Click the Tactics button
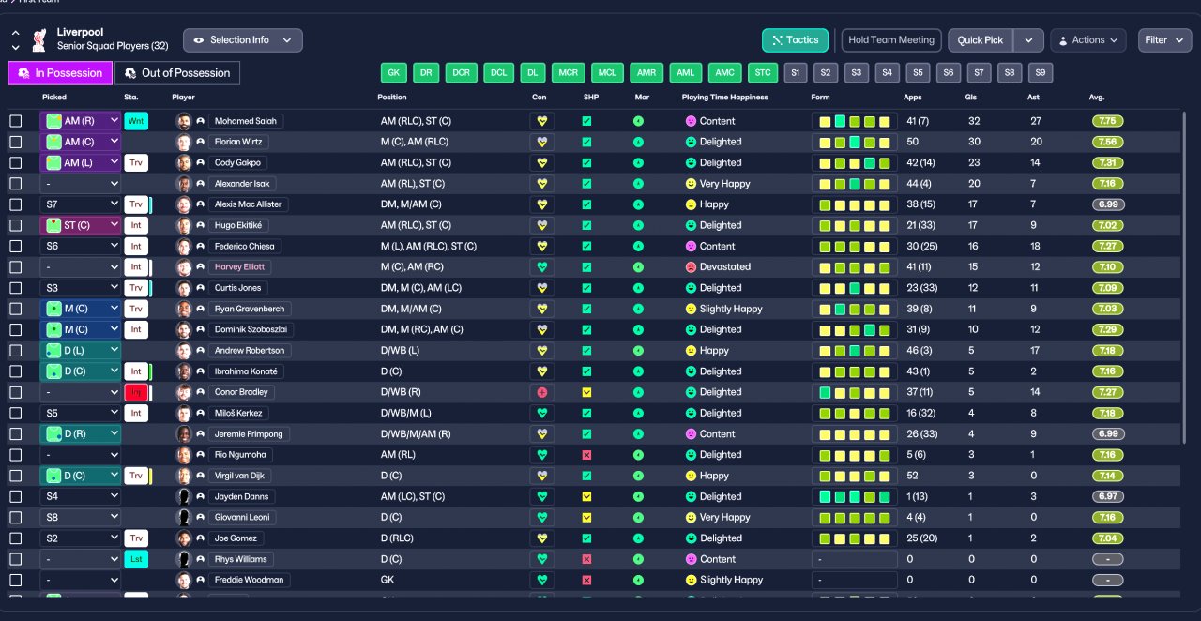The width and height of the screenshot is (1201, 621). tap(795, 40)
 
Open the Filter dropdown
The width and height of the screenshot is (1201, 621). tap(1164, 40)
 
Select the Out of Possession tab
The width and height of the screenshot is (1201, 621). tap(177, 73)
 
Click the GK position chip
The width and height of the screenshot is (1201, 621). tap(394, 73)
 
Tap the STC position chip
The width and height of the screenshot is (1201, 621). tap(763, 73)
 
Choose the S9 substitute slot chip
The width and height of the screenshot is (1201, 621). tap(1040, 73)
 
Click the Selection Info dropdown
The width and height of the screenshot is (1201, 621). tap(242, 40)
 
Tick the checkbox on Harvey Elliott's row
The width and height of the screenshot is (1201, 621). tap(16, 267)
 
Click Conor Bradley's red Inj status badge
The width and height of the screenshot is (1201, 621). tap(136, 392)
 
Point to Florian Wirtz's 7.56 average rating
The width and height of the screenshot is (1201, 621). tap(1107, 142)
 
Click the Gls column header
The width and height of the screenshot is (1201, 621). tap(971, 98)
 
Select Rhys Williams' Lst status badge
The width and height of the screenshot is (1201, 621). tap(136, 559)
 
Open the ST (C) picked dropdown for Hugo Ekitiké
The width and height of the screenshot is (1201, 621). tap(81, 225)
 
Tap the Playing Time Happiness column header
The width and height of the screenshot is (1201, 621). tap(724, 98)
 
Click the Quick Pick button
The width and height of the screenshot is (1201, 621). tap(981, 40)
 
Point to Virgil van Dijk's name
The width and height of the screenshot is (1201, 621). tap(242, 476)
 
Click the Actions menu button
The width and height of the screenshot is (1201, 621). tap(1088, 40)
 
